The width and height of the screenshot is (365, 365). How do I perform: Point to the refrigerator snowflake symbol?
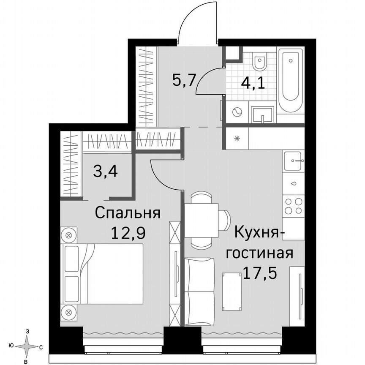click(237, 138)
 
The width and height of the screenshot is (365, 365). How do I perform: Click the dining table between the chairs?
click(202, 219)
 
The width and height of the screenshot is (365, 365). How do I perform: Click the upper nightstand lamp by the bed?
click(69, 234)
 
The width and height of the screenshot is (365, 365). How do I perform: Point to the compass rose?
click(27, 347)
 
